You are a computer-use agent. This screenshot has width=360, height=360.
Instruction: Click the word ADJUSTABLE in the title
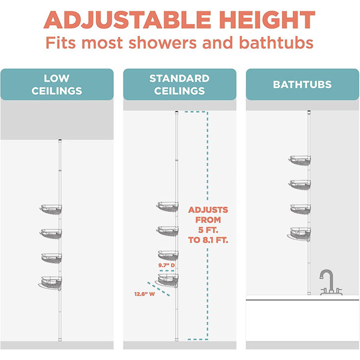pos(127,20)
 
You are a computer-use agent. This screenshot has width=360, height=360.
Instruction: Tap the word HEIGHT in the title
pos(267,20)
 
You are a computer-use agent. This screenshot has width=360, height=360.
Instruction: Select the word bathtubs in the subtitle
pos(276,43)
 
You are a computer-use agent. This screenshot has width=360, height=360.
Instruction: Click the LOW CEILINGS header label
pos(57,85)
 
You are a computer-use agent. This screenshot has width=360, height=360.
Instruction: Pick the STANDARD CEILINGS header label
pos(179,85)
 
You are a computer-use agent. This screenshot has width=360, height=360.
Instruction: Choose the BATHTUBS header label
pos(302,85)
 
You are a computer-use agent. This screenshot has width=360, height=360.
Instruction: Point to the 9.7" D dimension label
pos(166,265)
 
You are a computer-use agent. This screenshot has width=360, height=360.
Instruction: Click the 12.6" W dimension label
pos(145,294)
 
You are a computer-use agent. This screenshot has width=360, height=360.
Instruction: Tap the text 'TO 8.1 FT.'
pos(208,240)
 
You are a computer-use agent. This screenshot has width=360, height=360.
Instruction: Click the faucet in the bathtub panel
pos(331,283)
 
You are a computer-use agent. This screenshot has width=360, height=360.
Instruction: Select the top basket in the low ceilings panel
pos(51,209)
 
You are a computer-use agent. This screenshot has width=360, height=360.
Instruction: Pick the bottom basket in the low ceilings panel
pos(50,283)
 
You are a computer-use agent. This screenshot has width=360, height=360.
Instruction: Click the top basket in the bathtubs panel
pos(299,160)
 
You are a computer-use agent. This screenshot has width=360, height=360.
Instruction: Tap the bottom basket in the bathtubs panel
pos(299,234)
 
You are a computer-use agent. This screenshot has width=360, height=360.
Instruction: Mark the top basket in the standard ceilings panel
pos(167,206)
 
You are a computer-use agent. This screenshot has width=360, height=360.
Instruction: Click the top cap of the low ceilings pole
pos(60,140)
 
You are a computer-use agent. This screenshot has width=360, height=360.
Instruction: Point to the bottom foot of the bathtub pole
pos(309,293)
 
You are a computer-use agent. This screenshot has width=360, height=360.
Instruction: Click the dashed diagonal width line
pos(158,289)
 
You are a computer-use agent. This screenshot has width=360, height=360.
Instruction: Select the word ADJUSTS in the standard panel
pos(208,210)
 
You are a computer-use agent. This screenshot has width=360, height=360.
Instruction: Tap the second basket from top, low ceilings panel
pos(51,234)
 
